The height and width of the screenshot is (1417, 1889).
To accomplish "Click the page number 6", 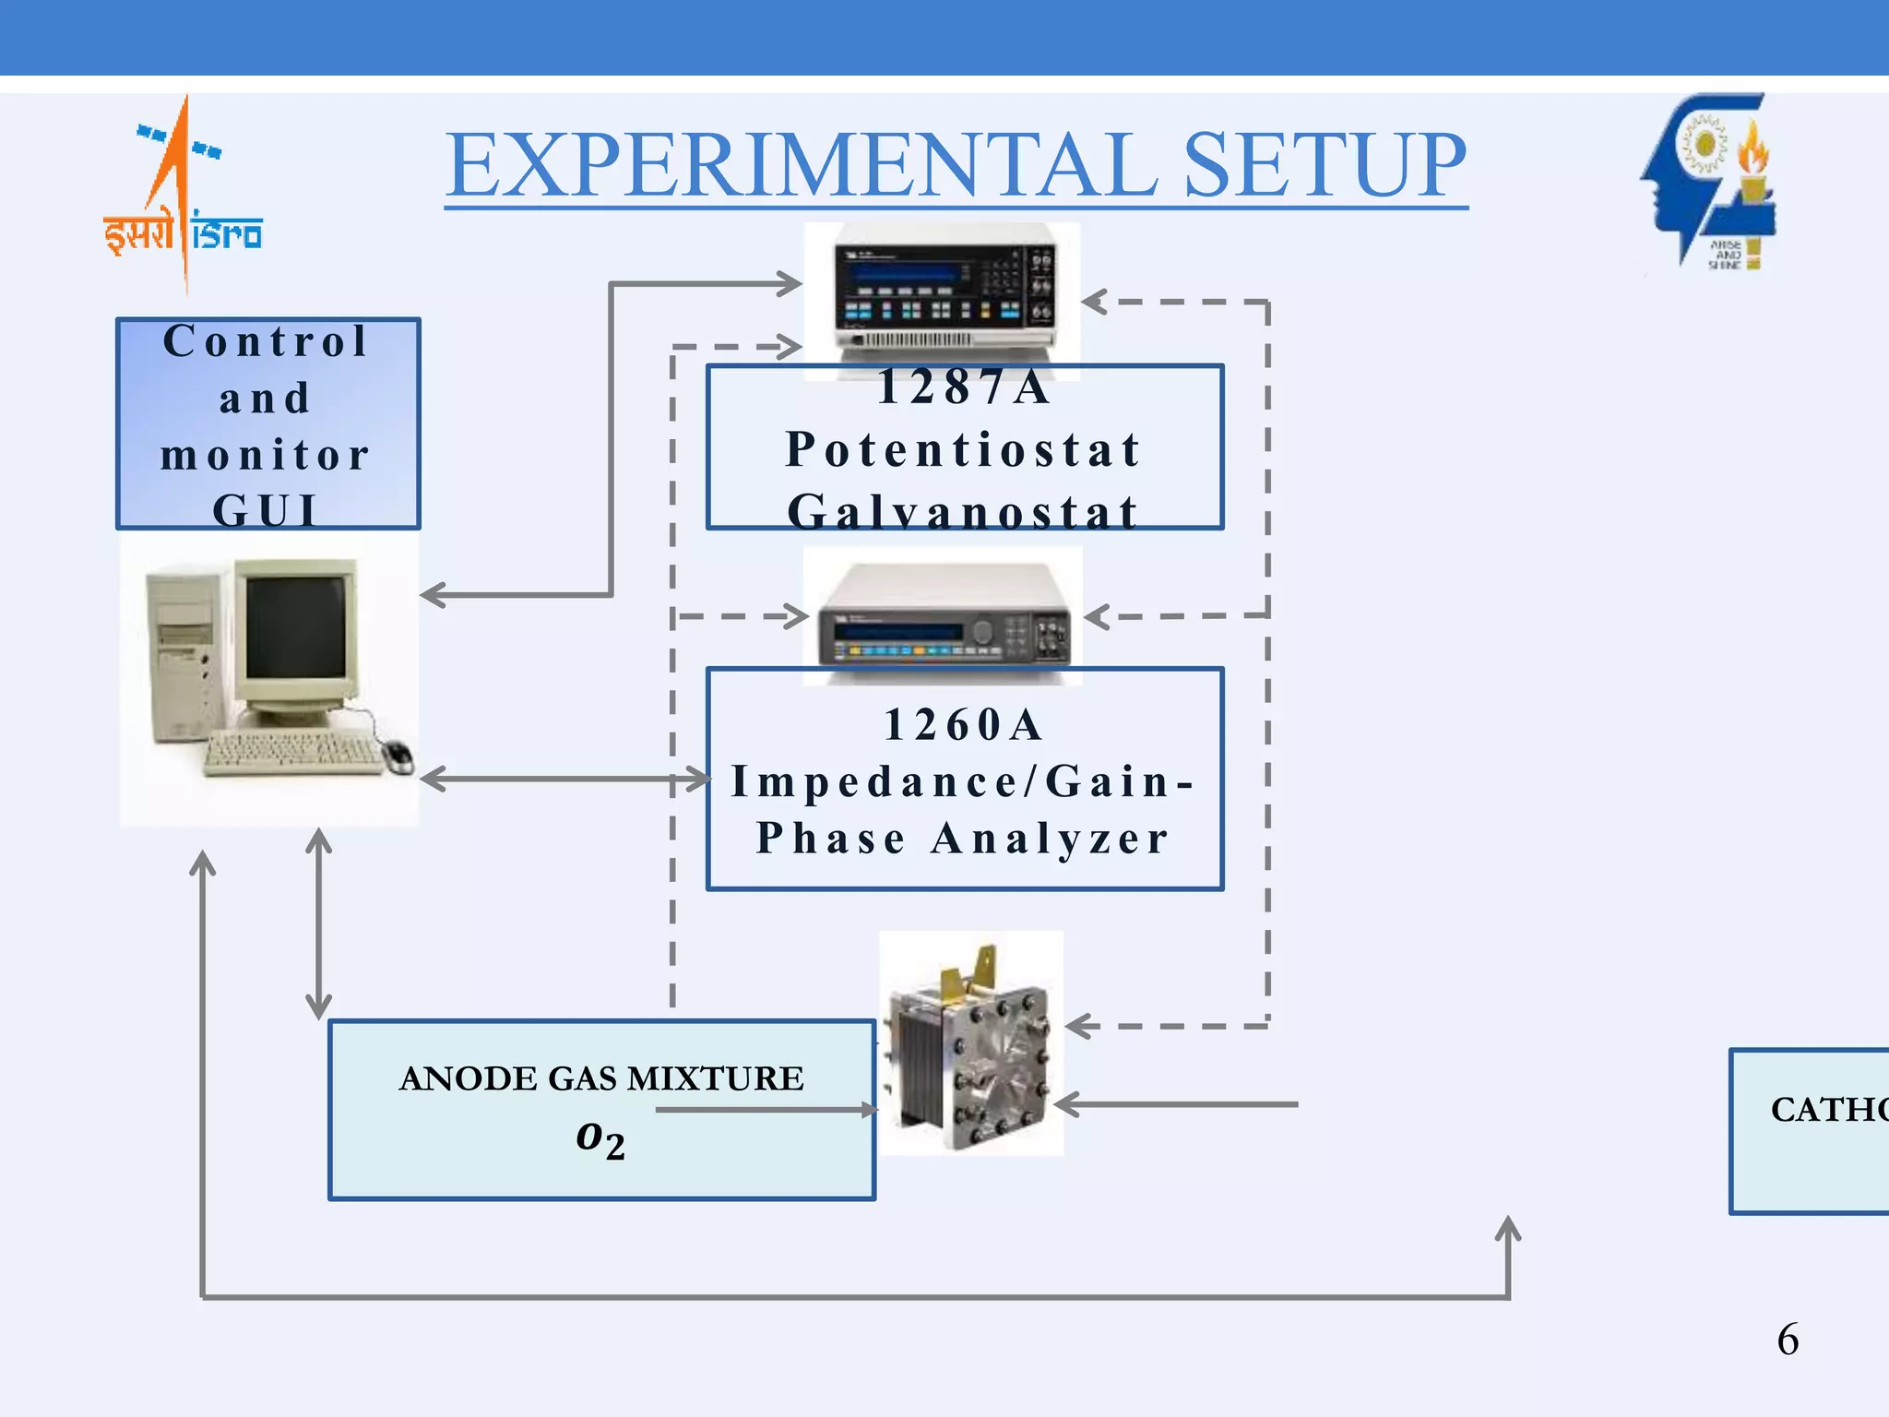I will pos(1788,1340).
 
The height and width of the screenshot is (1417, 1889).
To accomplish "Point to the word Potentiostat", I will pos(964,450).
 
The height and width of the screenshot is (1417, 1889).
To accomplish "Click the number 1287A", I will pos(964,387).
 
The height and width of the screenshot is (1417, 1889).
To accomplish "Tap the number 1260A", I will pos(964,725).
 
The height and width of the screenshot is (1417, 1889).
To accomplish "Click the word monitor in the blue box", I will pos(266,456).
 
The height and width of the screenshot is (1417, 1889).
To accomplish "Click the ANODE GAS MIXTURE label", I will pos(601,1078).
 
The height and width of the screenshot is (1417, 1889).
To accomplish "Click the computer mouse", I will pos(398,756).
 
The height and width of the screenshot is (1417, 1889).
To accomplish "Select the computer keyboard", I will pos(293,753).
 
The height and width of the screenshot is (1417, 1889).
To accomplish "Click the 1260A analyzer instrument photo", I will pos(943,616).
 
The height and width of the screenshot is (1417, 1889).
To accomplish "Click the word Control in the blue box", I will pos(266,341).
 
